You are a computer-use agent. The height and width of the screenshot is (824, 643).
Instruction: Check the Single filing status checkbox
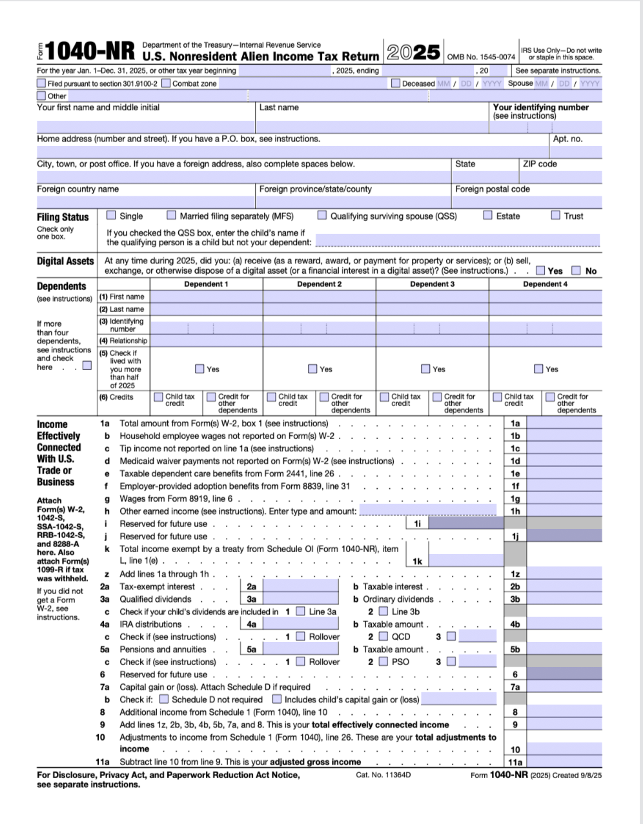click(x=111, y=215)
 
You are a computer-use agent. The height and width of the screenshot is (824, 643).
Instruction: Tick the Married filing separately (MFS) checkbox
click(x=171, y=215)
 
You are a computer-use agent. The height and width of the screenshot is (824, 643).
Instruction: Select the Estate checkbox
click(x=488, y=215)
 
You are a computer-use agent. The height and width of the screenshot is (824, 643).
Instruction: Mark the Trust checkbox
click(x=555, y=215)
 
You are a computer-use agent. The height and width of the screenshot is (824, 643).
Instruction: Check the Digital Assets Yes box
click(x=540, y=271)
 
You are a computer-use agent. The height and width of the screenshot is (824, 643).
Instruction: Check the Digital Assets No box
click(x=576, y=271)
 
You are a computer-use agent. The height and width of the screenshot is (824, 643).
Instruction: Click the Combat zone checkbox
click(x=166, y=83)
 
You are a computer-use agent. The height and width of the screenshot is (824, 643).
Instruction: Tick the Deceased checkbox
click(x=395, y=83)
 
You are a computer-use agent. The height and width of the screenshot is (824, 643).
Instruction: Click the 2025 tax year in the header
click(x=414, y=52)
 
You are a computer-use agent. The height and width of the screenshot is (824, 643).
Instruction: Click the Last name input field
click(x=373, y=127)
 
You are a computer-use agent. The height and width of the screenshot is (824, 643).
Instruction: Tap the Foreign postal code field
click(x=526, y=201)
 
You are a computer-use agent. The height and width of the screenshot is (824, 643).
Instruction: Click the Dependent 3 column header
click(x=432, y=284)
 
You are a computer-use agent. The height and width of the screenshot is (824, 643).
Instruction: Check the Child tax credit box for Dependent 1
click(x=159, y=397)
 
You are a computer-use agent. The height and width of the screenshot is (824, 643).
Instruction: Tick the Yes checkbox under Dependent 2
click(x=312, y=369)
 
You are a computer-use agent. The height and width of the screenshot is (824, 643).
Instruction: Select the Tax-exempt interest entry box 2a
click(x=300, y=586)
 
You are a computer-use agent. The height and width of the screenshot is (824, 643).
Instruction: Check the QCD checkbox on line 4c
click(x=383, y=637)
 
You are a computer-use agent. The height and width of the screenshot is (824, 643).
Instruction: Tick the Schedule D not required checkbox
click(x=164, y=699)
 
